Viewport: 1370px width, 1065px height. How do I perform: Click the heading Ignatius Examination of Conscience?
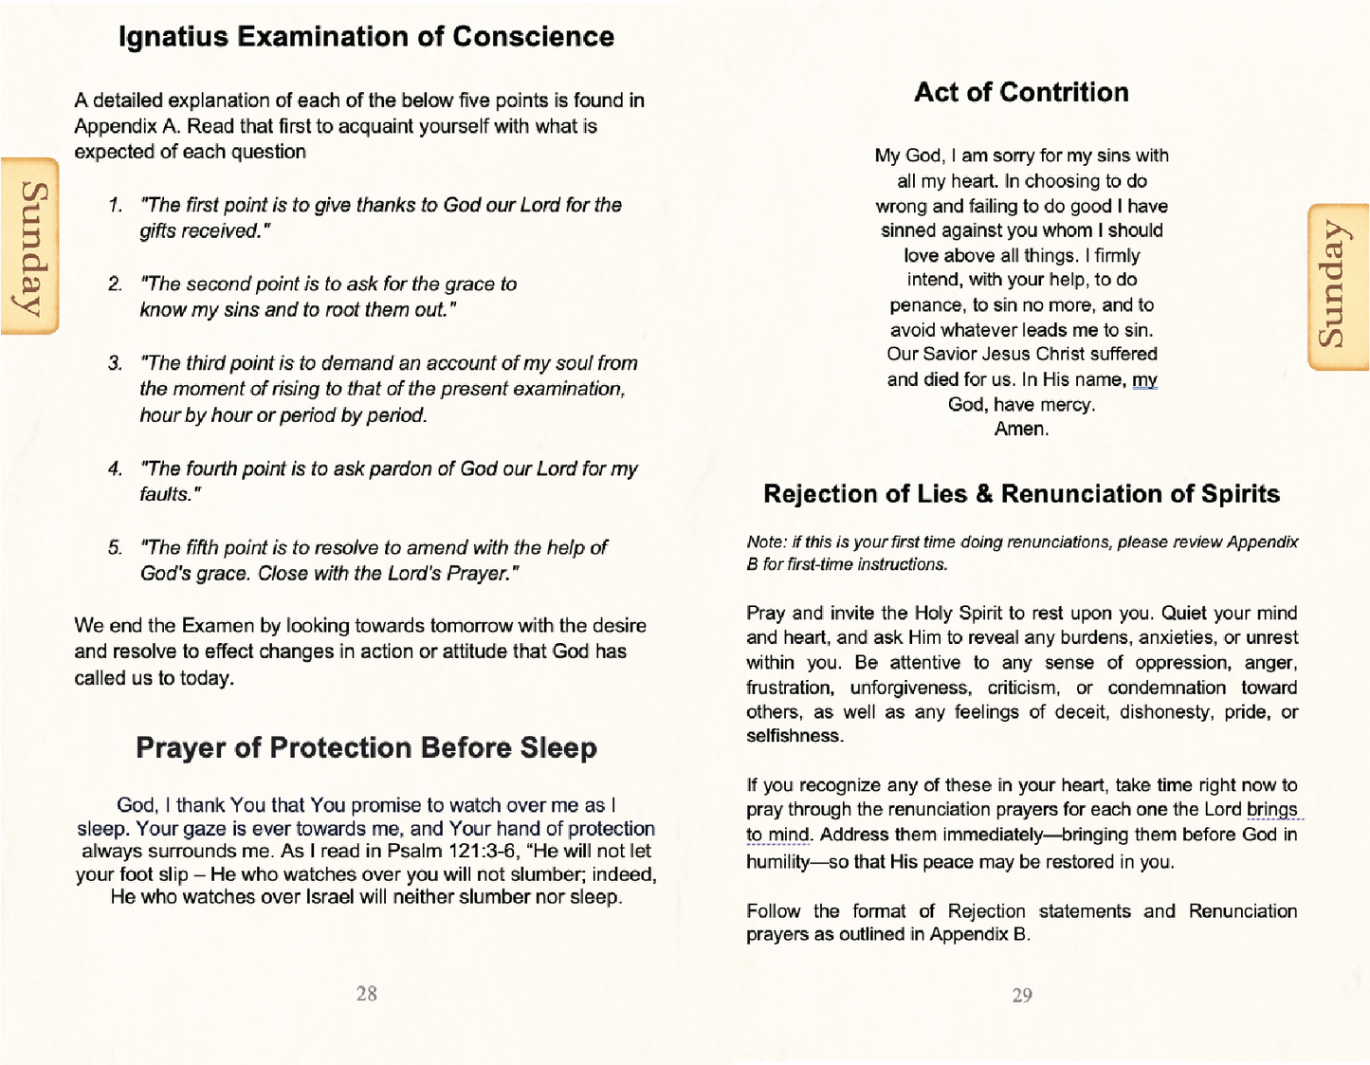(x=366, y=37)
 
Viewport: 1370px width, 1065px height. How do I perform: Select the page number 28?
(x=366, y=993)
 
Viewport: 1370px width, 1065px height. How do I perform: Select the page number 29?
(x=1022, y=995)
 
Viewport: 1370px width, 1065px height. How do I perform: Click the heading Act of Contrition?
(x=1021, y=92)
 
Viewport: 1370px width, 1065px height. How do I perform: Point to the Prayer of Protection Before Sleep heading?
(x=366, y=747)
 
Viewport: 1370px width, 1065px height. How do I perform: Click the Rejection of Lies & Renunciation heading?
(x=1021, y=494)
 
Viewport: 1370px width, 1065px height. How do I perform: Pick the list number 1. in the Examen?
(x=115, y=206)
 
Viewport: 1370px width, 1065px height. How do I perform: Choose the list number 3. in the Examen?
(x=115, y=363)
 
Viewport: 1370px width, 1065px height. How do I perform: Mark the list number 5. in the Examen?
(x=115, y=548)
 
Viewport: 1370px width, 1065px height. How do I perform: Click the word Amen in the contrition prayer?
(x=1020, y=429)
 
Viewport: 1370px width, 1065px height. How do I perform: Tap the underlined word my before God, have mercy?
(x=1144, y=379)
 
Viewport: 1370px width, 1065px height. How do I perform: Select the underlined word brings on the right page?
(x=1271, y=809)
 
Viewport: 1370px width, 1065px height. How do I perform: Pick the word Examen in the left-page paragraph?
(x=218, y=626)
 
